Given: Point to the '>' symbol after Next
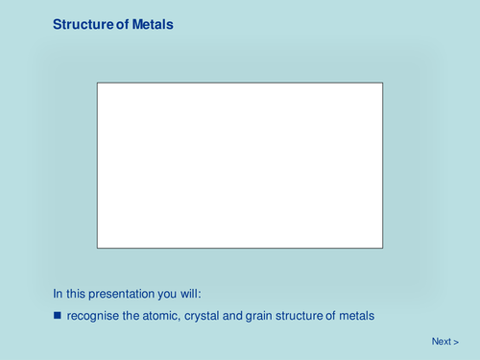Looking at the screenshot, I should (455, 341).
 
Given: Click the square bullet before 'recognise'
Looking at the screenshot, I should (57, 315).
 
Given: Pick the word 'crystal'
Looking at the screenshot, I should (204, 315).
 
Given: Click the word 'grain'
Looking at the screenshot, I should (262, 315).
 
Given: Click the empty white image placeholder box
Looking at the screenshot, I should (240, 165).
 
